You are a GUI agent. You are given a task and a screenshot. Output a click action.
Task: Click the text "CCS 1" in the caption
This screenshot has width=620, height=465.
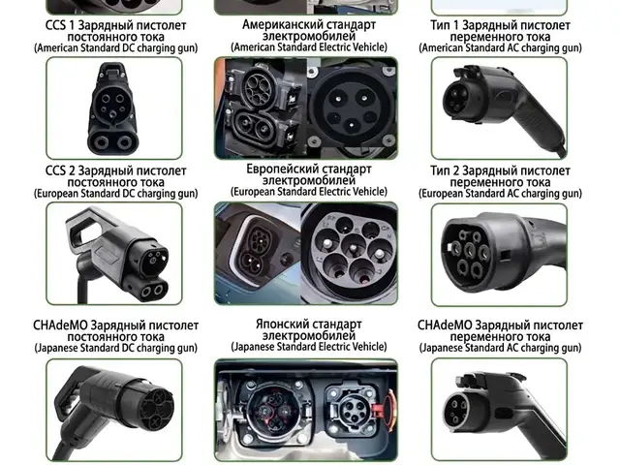[60, 26]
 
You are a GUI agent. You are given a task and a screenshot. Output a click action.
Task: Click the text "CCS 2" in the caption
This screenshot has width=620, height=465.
[60, 170]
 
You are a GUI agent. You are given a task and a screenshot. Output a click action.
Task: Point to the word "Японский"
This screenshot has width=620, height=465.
[282, 325]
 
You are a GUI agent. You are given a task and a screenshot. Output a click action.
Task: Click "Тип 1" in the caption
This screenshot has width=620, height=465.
[444, 26]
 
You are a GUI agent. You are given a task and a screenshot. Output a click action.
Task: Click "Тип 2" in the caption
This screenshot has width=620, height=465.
[445, 170]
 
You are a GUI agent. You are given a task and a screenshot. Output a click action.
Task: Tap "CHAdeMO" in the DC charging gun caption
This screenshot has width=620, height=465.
[60, 325]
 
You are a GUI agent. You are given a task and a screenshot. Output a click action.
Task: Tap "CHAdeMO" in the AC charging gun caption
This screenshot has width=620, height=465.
[445, 325]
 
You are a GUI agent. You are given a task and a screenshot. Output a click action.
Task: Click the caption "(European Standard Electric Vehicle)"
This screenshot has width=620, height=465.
[309, 192]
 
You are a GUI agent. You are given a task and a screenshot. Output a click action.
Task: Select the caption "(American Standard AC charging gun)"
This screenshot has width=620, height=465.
[500, 47]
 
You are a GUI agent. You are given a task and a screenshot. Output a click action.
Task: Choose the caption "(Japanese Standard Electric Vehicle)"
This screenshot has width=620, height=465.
[309, 347]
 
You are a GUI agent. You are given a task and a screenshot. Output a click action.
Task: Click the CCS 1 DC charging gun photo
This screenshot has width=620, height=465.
[114, 108]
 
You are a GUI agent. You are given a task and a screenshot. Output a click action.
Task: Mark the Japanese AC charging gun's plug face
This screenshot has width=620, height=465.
[458, 411]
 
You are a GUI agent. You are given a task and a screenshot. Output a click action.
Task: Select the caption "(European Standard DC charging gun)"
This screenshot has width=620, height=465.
[116, 194]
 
